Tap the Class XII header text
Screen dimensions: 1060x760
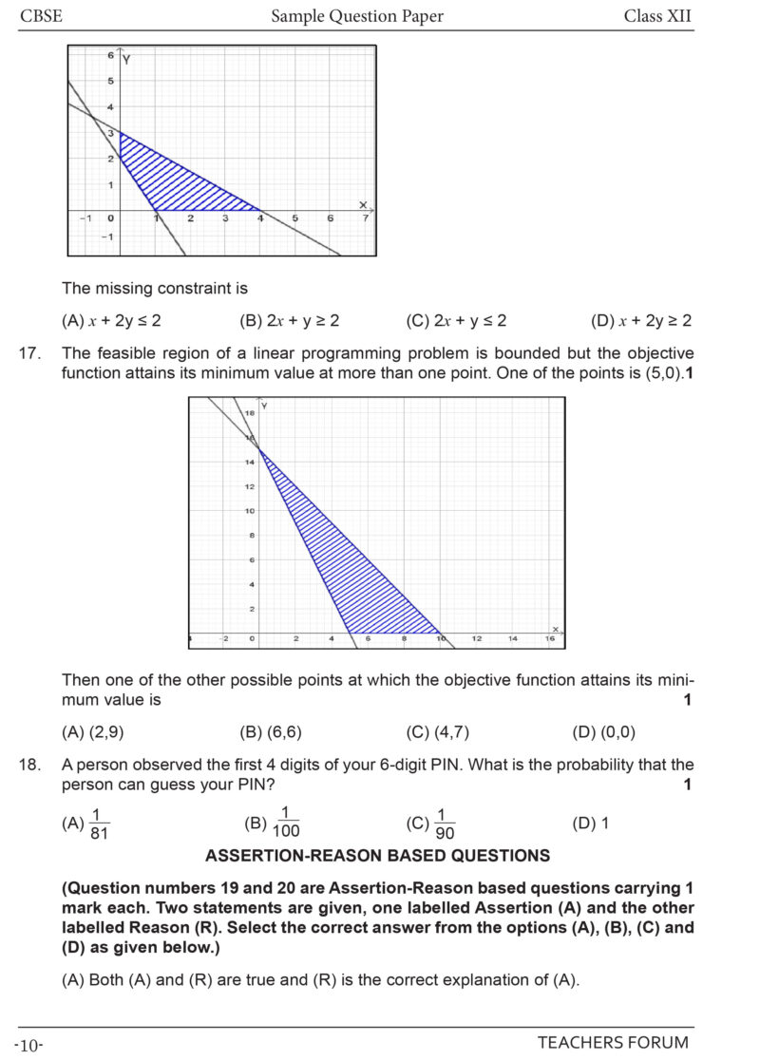(x=657, y=16)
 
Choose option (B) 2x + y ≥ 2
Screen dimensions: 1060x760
(x=290, y=321)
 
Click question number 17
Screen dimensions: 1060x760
(x=29, y=353)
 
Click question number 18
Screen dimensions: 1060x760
(x=29, y=765)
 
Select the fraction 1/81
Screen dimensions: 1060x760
(x=99, y=823)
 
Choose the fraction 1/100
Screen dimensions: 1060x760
(x=285, y=823)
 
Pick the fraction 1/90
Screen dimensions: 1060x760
(x=445, y=823)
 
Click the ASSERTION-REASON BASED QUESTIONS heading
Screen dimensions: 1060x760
(x=377, y=856)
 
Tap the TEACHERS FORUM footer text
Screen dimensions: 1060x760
(x=613, y=1043)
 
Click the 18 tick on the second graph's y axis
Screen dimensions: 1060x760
(x=250, y=413)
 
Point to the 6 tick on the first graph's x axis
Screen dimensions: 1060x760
(x=330, y=218)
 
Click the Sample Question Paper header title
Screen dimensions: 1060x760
(x=357, y=16)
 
